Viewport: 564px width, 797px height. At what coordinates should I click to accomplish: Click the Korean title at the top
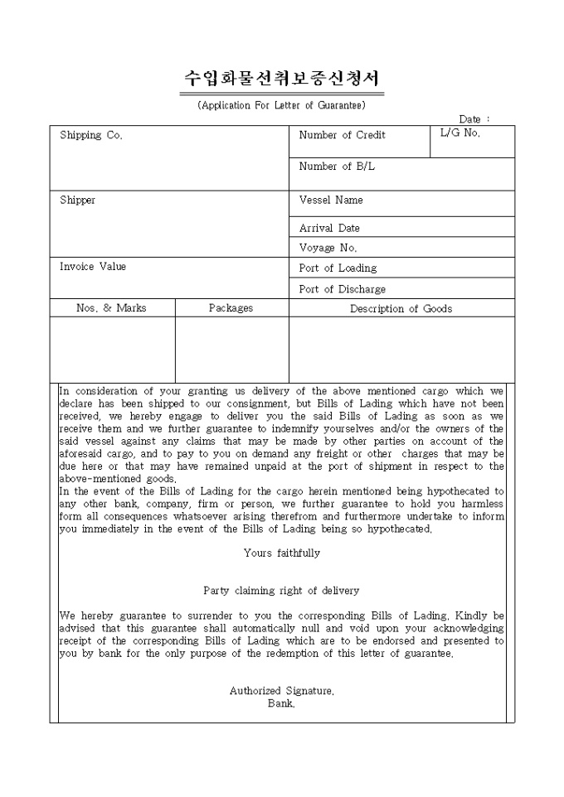281,80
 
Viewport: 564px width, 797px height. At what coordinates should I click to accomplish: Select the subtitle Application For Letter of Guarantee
281,105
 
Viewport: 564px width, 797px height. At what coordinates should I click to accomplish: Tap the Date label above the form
474,119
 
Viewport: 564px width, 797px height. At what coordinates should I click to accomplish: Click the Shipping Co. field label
91,135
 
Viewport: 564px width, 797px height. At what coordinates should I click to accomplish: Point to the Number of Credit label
342,135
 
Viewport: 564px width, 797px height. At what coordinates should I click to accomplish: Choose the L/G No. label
459,133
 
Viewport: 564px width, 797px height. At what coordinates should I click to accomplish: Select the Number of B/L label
337,167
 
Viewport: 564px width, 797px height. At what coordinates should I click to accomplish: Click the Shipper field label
77,200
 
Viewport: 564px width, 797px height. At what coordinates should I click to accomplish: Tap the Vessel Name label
331,200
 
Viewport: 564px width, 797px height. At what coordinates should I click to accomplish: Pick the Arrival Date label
329,228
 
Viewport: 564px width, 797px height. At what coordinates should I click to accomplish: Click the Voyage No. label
328,248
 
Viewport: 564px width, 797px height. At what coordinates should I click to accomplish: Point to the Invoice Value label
93,267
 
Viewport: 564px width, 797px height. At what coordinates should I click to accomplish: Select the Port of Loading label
338,268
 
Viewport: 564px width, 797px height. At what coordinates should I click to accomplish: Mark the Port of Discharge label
342,289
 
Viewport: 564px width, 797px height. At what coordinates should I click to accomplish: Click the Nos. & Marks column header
111,308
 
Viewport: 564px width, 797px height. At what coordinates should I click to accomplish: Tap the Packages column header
231,308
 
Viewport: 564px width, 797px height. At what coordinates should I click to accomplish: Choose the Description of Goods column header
401,309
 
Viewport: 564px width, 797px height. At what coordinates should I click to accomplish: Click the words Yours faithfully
281,553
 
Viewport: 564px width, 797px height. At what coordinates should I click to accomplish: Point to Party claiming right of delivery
281,591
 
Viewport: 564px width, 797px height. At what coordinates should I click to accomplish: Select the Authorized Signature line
281,690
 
